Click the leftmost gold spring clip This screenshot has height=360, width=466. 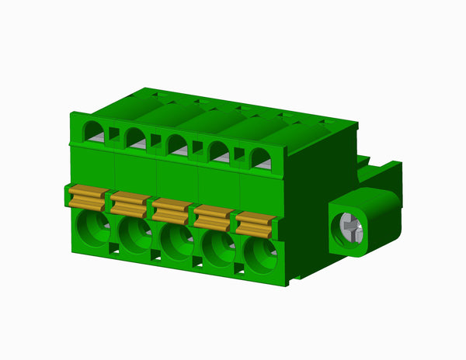(x=88, y=198)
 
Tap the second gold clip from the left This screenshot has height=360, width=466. (x=129, y=204)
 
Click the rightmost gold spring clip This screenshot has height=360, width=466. (x=254, y=224)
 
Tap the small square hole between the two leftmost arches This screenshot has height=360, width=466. (x=114, y=133)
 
